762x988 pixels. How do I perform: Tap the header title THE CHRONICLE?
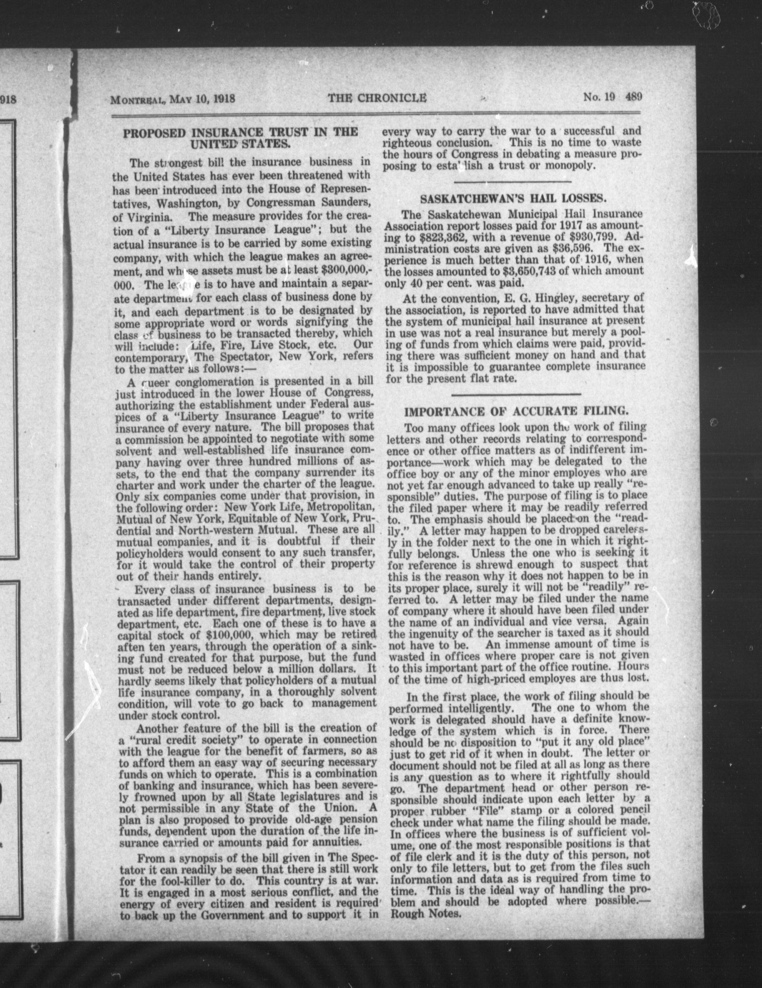coord(378,98)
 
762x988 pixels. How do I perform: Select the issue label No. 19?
coord(598,97)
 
